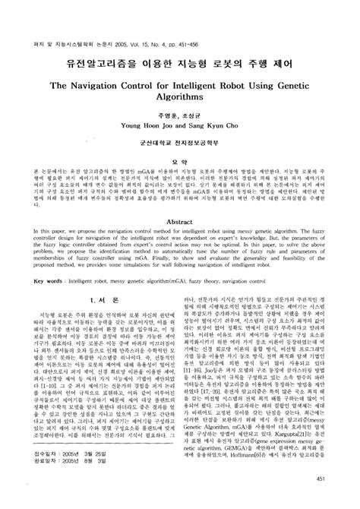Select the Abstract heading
tap(180, 220)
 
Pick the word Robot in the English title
tap(225, 87)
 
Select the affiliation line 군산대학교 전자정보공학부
tap(180, 141)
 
